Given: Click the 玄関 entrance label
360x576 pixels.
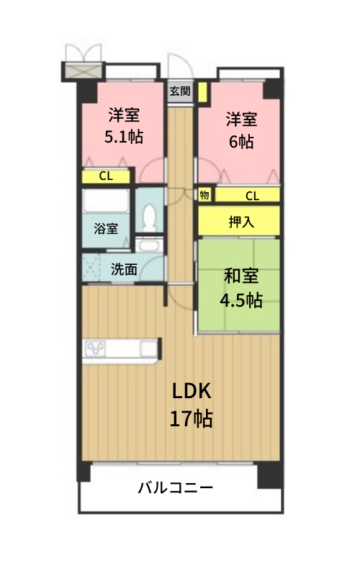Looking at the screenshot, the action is point(180,91).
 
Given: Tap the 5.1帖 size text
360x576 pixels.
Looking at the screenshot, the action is point(124,137).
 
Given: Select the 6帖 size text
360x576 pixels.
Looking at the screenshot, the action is point(241,141).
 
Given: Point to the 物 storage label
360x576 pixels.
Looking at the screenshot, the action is point(204,194).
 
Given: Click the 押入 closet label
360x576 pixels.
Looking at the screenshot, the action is point(241,222).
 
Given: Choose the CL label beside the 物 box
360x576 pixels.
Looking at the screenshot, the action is point(253,196).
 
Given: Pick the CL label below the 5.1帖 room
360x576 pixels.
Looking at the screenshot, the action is point(106,176).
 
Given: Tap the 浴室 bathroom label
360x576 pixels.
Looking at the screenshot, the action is point(106,228).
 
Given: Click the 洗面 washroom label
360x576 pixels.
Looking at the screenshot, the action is point(124,269).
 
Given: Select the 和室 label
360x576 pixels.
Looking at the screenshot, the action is point(241,276).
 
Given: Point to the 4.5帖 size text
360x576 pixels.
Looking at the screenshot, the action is point(241,300).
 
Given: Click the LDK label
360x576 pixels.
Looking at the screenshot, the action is point(192,391).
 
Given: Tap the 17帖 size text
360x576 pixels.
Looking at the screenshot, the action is point(191,418).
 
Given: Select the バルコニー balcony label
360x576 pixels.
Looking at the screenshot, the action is point(176,488).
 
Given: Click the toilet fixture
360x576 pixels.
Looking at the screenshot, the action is point(149,218).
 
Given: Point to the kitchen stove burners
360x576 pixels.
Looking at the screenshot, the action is point(96,348).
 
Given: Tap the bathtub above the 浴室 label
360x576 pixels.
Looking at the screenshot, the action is point(106,201).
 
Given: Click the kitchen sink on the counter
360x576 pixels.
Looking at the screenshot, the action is point(149,348).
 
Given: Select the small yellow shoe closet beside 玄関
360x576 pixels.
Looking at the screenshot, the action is point(202,92).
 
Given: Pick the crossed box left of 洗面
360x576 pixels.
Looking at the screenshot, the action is point(91,269).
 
